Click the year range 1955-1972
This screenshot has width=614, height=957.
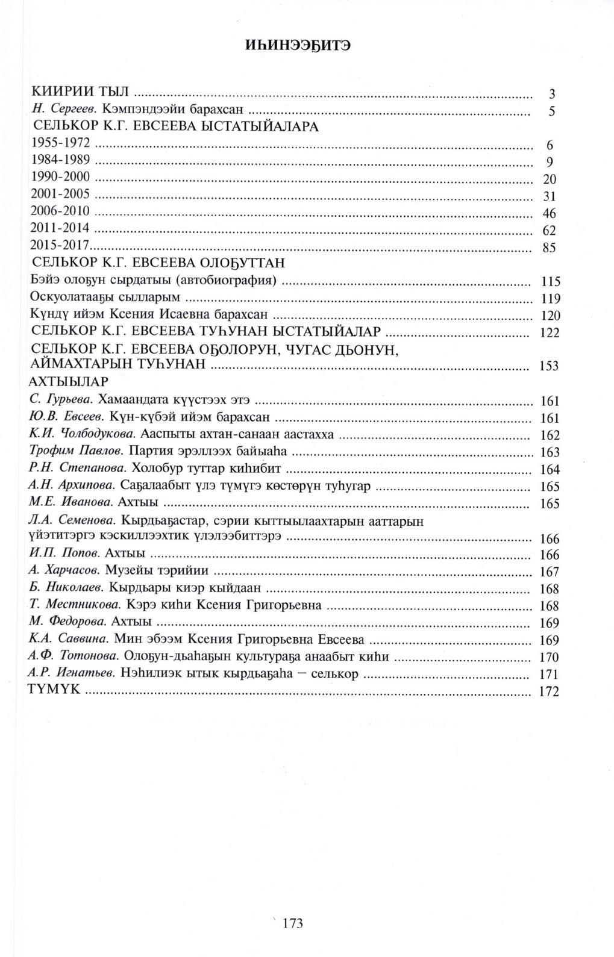coord(60,143)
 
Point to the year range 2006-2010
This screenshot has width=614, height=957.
coord(60,211)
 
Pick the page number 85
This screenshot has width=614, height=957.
coord(549,248)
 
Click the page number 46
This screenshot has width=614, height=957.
coord(549,214)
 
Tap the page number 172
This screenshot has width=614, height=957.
coord(549,692)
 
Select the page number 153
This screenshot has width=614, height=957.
coord(549,366)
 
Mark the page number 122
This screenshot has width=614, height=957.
coord(550,333)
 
